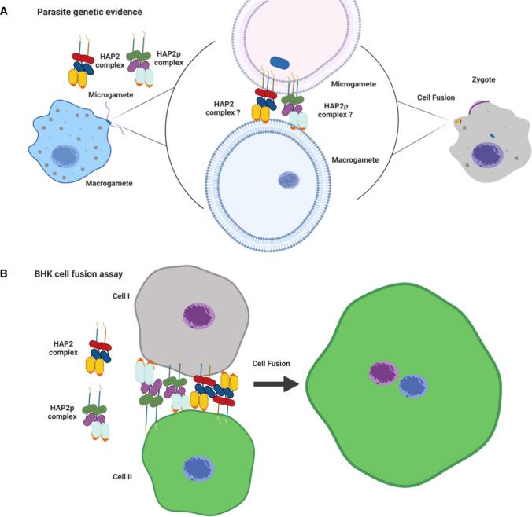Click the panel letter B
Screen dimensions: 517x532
click(6, 273)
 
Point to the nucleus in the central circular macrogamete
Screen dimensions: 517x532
click(289, 181)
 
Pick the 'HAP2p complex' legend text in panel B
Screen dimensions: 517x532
click(65, 412)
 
